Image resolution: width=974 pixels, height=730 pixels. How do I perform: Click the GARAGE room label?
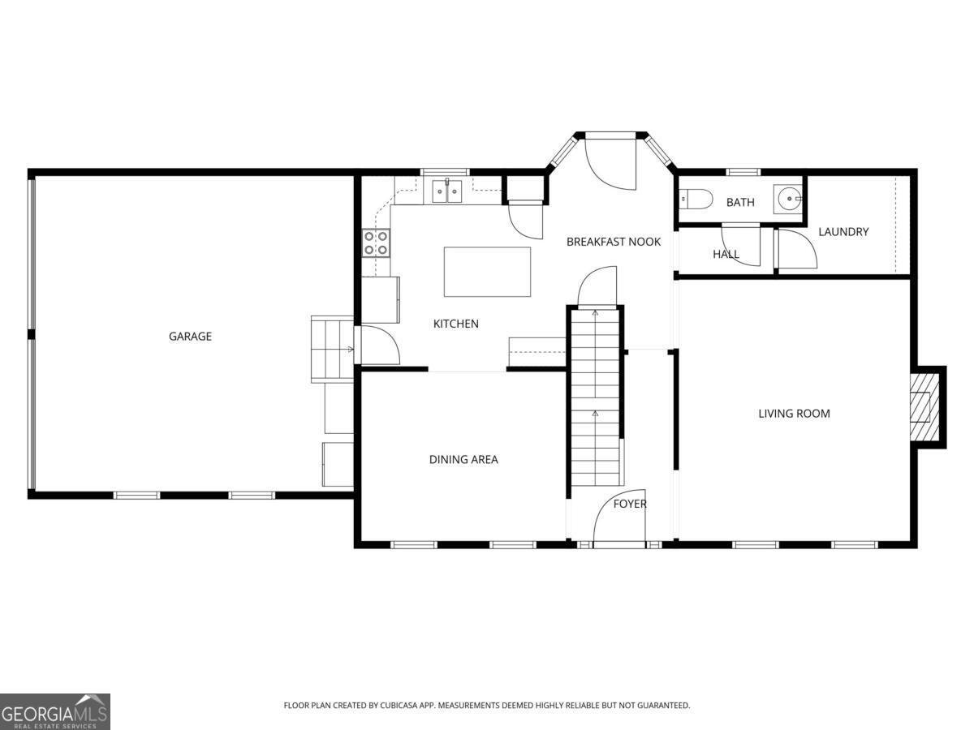pyautogui.click(x=190, y=337)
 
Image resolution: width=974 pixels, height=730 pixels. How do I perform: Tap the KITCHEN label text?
pyautogui.click(x=455, y=324)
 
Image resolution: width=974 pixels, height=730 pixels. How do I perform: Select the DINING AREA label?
pyautogui.click(x=463, y=460)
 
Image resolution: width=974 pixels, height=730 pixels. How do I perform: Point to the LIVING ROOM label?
pyautogui.click(x=794, y=414)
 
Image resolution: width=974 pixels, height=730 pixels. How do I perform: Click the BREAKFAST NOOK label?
pyautogui.click(x=614, y=242)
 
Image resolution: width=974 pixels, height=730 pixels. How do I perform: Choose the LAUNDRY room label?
pyautogui.click(x=843, y=232)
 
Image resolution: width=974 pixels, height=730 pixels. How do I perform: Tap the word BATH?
pyautogui.click(x=740, y=203)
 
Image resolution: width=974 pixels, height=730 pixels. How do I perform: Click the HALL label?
pyautogui.click(x=726, y=254)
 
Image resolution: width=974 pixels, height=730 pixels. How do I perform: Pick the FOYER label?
pyautogui.click(x=630, y=504)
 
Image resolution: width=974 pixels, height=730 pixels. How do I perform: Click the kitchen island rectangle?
pyautogui.click(x=487, y=272)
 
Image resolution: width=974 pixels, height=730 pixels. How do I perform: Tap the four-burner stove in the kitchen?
pyautogui.click(x=376, y=243)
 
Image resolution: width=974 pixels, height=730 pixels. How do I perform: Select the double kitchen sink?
pyautogui.click(x=447, y=191)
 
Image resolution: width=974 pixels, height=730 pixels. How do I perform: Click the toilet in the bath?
pyautogui.click(x=696, y=199)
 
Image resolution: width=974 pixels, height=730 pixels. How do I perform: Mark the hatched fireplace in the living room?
pyautogui.click(x=924, y=407)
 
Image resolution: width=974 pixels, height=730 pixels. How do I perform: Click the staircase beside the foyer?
pyautogui.click(x=595, y=397)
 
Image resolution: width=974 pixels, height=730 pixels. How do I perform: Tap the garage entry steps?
pyautogui.click(x=332, y=350)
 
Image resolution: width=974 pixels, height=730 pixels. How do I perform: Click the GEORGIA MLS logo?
pyautogui.click(x=54, y=712)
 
